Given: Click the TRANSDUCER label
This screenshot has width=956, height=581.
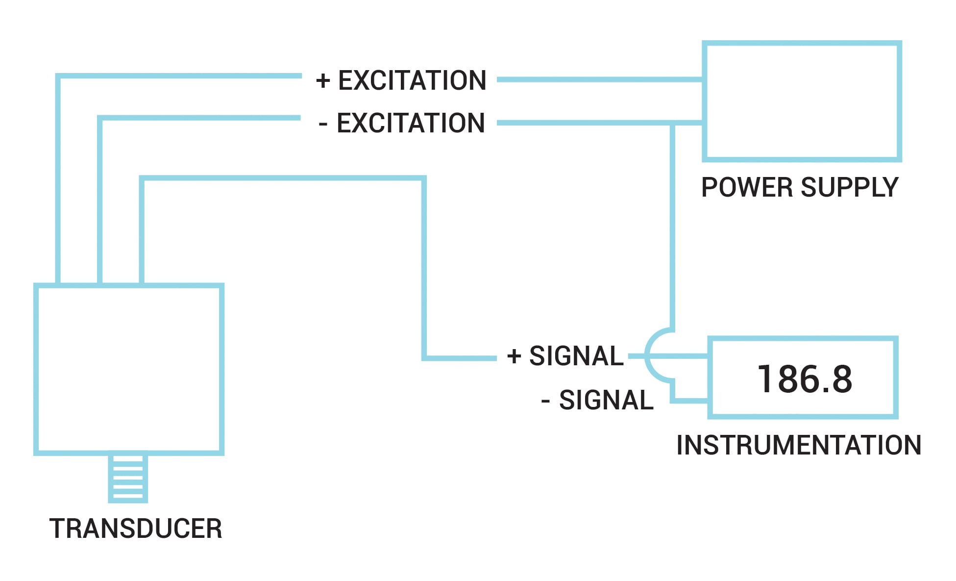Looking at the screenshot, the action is (136, 529).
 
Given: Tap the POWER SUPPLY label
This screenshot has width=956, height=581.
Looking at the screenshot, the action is (800, 187).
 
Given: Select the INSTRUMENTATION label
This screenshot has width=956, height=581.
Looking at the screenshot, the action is (799, 445).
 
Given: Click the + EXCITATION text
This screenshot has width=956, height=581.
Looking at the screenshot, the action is (401, 80).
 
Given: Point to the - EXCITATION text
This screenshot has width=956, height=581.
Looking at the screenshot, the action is (402, 123).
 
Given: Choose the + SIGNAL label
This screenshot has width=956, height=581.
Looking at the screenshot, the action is (565, 356).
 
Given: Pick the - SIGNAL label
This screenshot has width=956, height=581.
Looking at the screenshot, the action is (597, 400).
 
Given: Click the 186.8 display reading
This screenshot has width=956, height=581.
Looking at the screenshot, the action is (805, 379).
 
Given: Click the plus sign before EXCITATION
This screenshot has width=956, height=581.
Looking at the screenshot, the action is (323, 80).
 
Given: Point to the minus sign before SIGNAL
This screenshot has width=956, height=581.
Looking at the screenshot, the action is (545, 402).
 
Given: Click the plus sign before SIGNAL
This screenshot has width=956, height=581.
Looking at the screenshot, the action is (514, 356).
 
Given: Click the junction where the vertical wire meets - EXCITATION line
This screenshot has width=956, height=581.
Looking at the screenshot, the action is (672, 123).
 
